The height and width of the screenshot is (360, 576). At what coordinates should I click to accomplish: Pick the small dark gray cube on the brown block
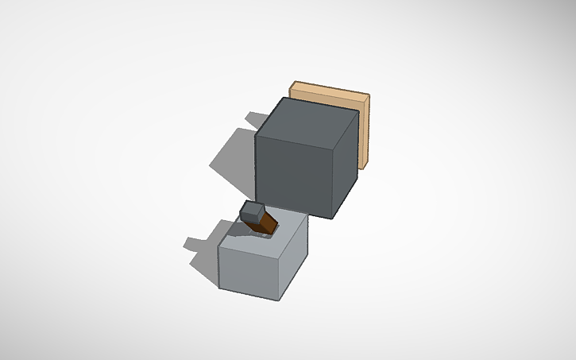253,211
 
